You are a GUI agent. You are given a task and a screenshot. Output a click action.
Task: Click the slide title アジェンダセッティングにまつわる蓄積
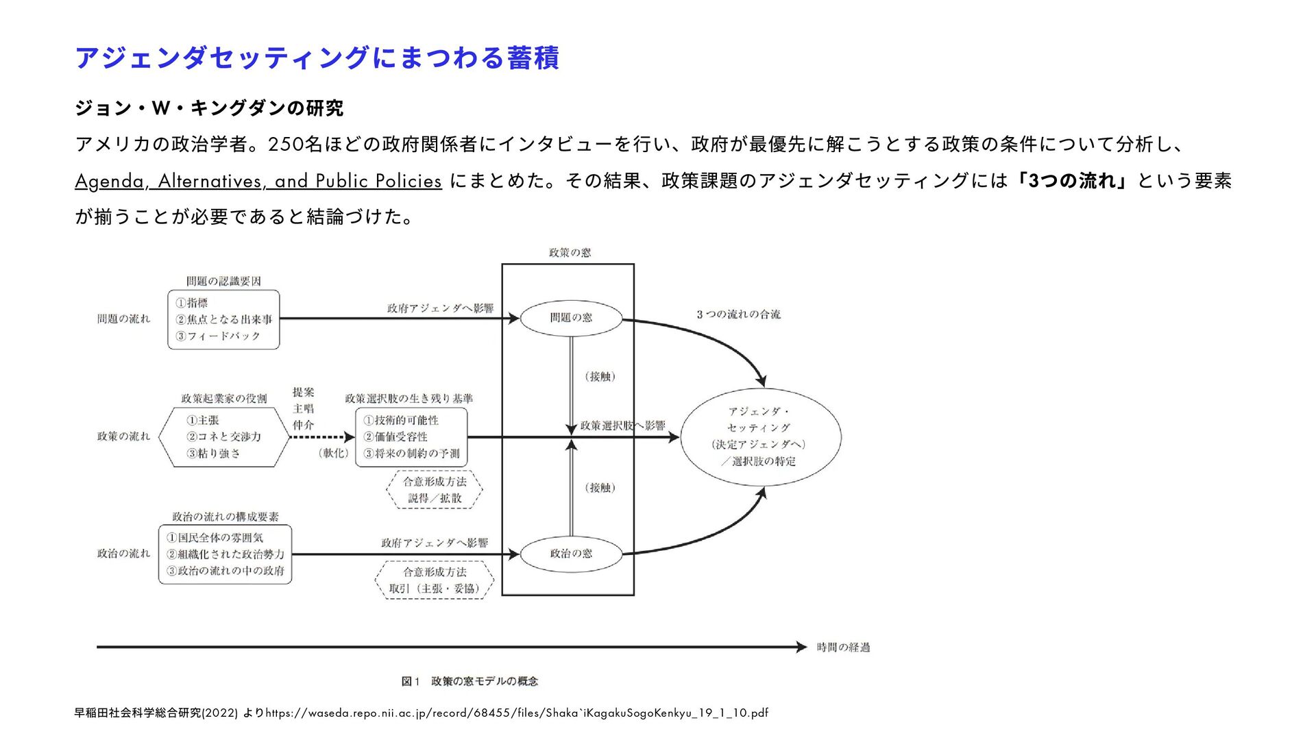pos(317,58)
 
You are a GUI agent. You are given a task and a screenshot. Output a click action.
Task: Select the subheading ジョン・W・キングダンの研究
pos(209,108)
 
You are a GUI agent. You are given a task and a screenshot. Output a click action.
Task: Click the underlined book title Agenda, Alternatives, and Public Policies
pos(258,181)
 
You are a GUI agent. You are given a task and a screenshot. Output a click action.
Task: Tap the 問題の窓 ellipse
pos(571,318)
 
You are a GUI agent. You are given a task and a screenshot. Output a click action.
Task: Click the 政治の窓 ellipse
pos(571,554)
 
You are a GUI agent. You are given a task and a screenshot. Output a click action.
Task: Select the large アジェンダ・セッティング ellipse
pos(760,436)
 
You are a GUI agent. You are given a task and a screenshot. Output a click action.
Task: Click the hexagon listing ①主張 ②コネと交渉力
pos(224,437)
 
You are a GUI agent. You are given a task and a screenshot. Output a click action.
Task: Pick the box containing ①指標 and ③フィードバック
pos(223,319)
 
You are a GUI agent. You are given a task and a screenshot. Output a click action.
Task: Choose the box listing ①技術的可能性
pos(411,437)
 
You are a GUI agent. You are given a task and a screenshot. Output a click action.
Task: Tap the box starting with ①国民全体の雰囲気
pos(225,554)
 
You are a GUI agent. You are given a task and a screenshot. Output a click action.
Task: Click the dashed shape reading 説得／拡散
pos(435,490)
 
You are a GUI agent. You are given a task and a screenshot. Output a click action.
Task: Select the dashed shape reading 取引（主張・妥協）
pos(435,580)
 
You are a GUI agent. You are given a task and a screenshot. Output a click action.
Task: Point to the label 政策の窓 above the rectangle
pos(570,253)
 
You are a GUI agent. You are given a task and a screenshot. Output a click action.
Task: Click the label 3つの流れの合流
pos(738,314)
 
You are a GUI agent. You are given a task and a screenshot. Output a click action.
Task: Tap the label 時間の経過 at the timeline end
pos(843,647)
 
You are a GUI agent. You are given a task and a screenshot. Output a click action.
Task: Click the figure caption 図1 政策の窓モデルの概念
pos(470,681)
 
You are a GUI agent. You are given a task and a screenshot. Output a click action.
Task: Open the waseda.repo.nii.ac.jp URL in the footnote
pos(517,713)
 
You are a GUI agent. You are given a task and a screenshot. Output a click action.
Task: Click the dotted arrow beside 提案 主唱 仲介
pos(321,437)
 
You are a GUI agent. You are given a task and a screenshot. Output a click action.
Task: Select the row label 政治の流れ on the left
pos(123,554)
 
